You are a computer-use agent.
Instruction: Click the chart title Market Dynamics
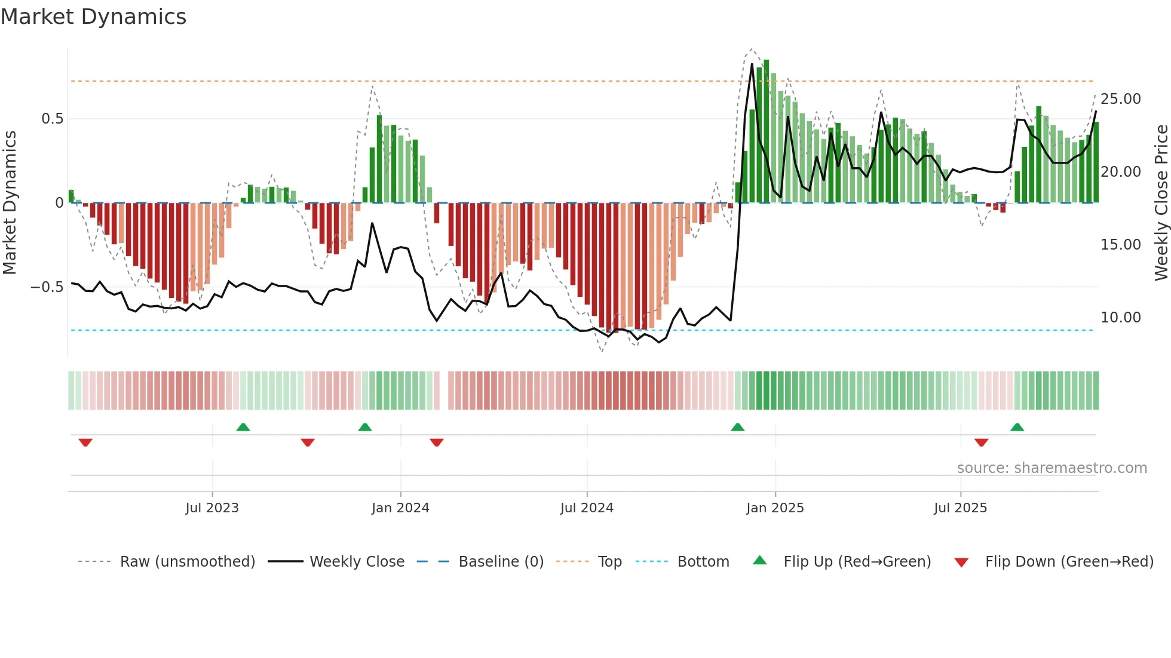(93, 17)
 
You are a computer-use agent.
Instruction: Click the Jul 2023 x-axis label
(211, 508)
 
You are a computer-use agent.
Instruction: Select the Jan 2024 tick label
(400, 508)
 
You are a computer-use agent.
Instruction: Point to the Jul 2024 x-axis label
(587, 508)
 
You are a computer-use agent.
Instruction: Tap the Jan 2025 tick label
(775, 508)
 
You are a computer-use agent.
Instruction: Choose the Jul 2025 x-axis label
(960, 508)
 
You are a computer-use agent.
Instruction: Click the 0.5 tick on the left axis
(52, 119)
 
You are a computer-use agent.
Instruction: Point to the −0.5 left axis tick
(47, 287)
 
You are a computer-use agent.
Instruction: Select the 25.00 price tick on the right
(1120, 99)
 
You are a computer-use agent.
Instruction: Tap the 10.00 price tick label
(1120, 318)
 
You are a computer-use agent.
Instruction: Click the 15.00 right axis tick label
(1120, 245)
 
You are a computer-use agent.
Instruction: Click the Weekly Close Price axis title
(1161, 202)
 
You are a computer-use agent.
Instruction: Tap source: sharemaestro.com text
(1052, 468)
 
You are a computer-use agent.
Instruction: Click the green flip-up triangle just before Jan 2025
(737, 427)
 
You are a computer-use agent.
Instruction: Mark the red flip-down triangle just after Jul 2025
(981, 442)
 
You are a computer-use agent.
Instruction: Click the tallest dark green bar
(766, 131)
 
